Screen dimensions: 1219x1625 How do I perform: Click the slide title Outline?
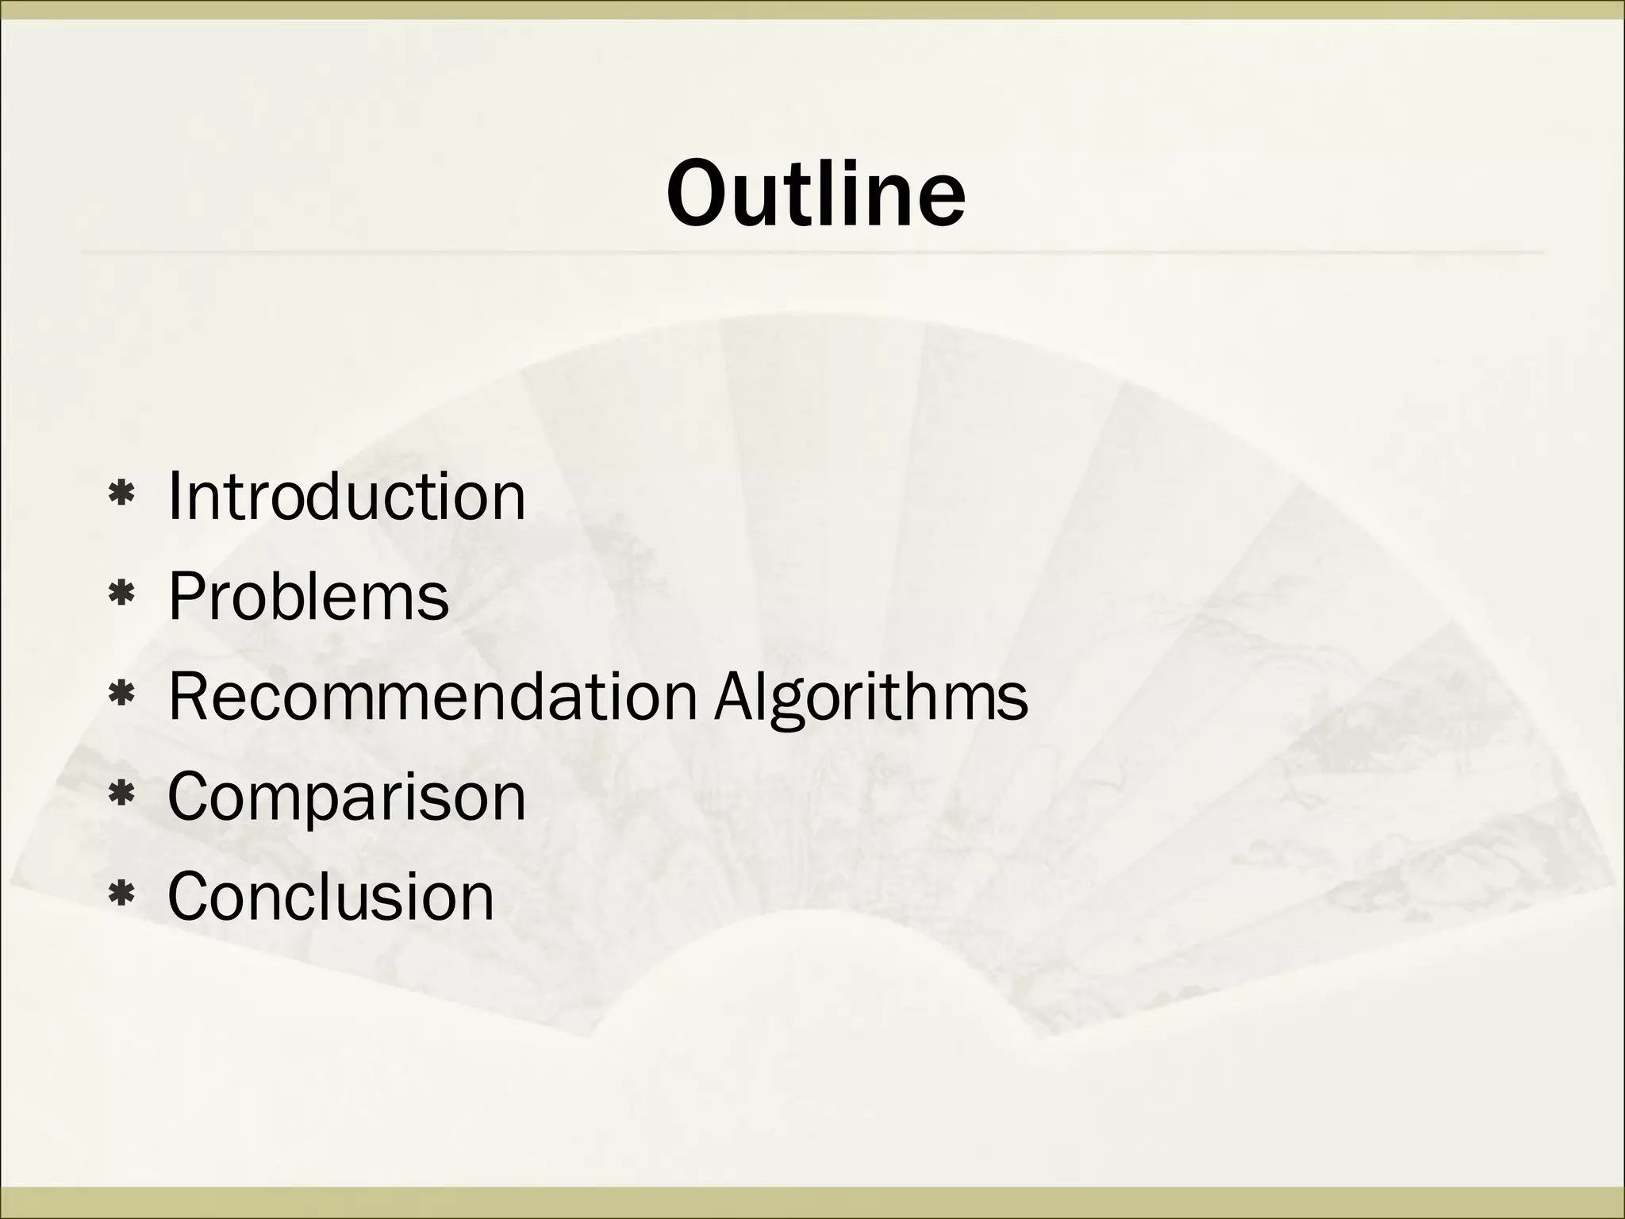[x=815, y=193]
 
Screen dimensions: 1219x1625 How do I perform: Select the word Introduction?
[x=347, y=496]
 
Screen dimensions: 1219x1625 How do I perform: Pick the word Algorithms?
[x=870, y=698]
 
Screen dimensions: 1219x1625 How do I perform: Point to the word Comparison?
[x=347, y=798]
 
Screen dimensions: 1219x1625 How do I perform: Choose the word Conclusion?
[x=331, y=896]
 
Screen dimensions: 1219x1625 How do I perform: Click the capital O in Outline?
[x=698, y=193]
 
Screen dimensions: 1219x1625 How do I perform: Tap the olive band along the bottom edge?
[x=812, y=1203]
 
